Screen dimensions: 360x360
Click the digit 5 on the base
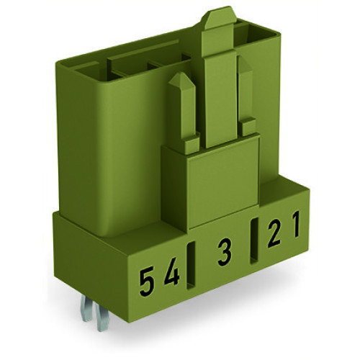(x=146, y=276)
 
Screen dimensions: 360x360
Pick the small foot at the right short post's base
(x=248, y=127)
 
